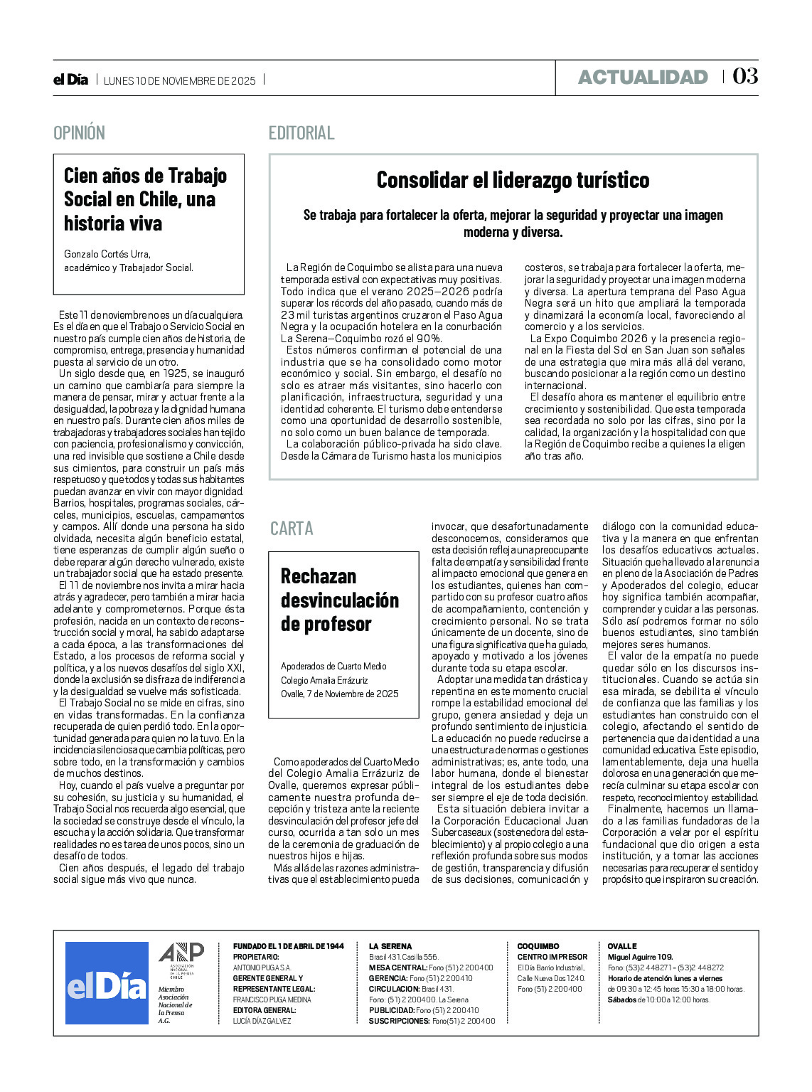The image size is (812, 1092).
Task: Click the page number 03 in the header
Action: [x=745, y=76]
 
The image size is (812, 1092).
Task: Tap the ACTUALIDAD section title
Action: [x=642, y=77]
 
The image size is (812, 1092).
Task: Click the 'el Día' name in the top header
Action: [x=70, y=80]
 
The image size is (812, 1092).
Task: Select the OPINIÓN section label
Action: [x=79, y=133]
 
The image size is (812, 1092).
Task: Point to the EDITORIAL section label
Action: [x=301, y=133]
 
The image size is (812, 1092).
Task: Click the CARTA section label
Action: [x=292, y=529]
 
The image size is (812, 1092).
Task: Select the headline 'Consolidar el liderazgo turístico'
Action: [x=513, y=180]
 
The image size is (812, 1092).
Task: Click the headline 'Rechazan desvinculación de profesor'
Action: [x=339, y=600]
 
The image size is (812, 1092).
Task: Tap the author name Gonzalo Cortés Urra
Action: [x=107, y=254]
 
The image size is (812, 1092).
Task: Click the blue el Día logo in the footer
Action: [x=107, y=983]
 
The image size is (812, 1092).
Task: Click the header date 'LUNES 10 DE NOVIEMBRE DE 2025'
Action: [x=179, y=80]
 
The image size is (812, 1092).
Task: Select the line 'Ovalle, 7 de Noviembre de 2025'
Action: [x=339, y=694]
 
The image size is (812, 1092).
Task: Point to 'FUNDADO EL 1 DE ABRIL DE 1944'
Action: [x=288, y=946]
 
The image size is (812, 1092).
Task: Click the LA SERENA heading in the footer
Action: [x=390, y=946]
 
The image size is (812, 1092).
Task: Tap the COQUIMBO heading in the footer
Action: [x=538, y=946]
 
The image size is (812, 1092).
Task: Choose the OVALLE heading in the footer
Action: [x=622, y=946]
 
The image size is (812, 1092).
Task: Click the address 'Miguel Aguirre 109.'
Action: [x=640, y=957]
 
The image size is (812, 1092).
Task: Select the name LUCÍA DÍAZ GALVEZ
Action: [x=262, y=1021]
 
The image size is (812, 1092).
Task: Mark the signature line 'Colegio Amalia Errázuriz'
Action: [x=324, y=680]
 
